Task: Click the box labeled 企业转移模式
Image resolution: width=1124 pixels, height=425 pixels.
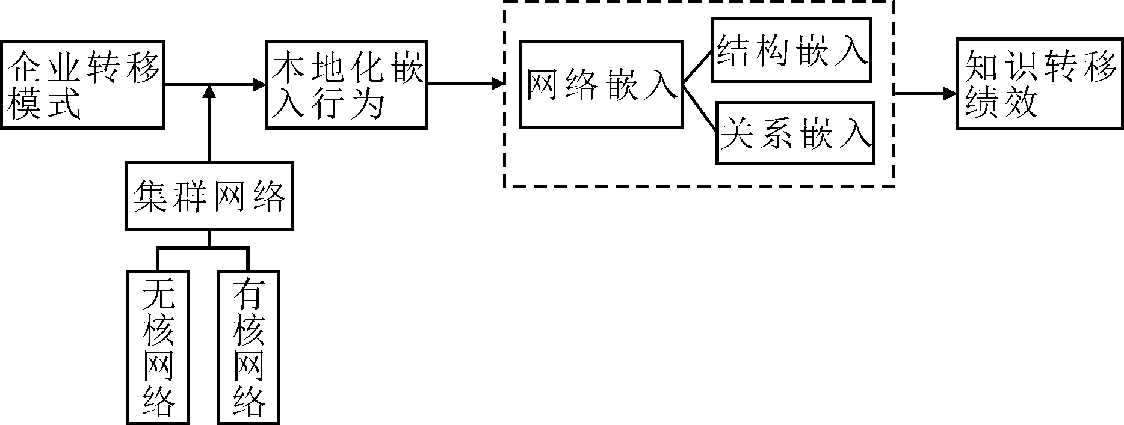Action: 82,84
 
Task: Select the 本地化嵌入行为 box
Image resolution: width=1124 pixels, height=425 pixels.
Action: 347,84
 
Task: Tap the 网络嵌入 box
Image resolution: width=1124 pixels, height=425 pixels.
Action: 601,84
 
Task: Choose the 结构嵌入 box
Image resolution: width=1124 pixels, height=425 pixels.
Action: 792,50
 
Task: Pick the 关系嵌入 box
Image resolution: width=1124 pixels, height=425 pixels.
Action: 795,133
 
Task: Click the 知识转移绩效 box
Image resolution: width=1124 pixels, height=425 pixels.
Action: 1040,84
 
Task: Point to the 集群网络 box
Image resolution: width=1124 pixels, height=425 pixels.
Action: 209,196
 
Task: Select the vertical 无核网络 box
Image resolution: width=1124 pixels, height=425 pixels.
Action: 158,347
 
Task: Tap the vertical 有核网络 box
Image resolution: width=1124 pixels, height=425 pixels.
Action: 249,347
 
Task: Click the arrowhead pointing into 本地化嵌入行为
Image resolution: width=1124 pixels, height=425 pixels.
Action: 259,85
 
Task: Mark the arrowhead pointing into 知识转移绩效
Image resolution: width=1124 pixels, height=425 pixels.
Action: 950,94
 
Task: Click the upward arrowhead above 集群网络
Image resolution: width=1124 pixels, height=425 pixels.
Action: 209,91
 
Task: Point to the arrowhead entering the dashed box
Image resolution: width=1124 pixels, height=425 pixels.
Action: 497,84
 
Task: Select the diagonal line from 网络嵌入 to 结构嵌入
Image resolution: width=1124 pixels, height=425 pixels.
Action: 697,67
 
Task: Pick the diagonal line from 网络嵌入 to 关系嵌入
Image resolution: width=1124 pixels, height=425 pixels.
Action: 698,107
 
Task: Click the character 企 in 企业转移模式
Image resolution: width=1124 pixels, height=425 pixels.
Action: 23,67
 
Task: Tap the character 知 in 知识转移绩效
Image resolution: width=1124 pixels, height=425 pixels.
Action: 982,67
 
